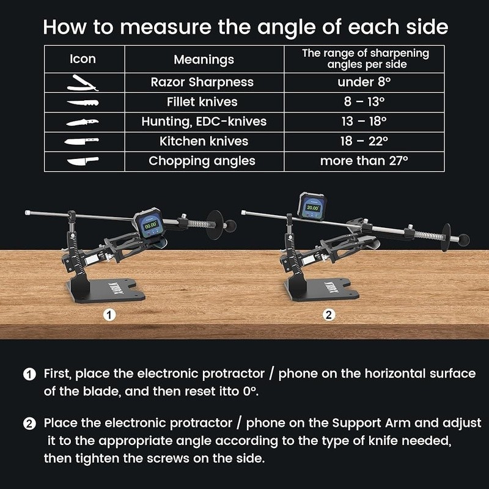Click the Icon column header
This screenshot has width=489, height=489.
83,59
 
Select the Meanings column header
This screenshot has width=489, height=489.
204,59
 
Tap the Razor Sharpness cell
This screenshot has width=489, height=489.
202,83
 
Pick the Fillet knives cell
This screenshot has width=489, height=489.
202,102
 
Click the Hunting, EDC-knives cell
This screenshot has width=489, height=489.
204,122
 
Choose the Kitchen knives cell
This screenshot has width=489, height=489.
204,141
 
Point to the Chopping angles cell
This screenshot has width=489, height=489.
202,161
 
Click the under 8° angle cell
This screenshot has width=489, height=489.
364,82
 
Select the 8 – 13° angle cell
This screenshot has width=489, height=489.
364,101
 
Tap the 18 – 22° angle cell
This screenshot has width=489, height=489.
364,141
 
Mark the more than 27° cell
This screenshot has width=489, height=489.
364,161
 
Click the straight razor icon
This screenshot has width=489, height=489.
83,83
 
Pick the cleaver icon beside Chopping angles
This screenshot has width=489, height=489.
83,161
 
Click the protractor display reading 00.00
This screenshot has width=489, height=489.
150,224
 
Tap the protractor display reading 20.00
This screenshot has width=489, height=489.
313,207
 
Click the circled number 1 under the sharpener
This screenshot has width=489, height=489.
109,315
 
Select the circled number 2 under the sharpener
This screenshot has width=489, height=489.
329,315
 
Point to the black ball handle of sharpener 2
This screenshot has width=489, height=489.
464,240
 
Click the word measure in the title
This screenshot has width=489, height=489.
166,27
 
